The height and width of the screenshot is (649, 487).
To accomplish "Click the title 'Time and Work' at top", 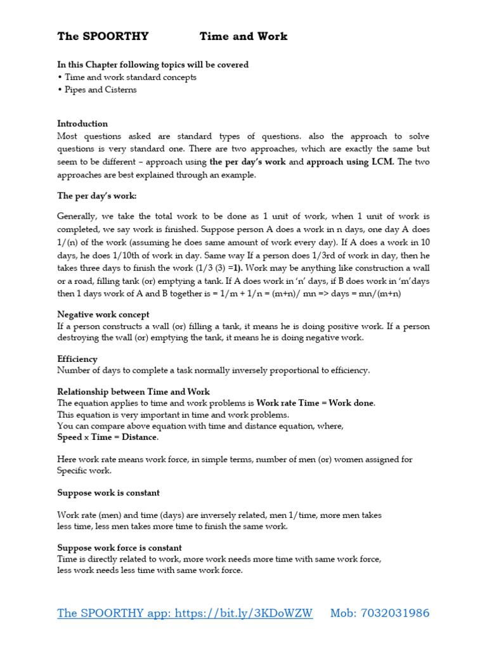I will click(x=243, y=37).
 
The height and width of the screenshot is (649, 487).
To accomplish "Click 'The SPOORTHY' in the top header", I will click(x=103, y=37).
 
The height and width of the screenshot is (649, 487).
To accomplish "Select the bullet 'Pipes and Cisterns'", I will click(x=100, y=89).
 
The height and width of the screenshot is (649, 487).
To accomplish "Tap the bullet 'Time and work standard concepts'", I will click(x=130, y=77).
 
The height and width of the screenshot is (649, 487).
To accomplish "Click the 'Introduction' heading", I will click(x=82, y=124).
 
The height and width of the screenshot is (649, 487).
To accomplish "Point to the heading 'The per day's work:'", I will click(x=96, y=196).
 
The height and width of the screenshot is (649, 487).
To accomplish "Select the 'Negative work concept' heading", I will click(x=103, y=314).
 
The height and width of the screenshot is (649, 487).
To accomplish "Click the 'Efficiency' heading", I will click(x=77, y=359).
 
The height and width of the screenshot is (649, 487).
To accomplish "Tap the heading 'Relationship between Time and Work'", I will click(x=133, y=392).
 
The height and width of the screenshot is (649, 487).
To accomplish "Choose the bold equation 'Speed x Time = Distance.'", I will click(x=108, y=437).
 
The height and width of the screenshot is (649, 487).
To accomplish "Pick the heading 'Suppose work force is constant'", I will click(x=119, y=548).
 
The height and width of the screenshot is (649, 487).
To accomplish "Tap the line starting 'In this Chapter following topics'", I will click(x=153, y=65).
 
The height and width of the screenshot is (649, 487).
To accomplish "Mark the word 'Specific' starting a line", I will click(x=75, y=470).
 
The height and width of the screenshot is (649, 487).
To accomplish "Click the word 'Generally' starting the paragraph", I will click(x=77, y=217).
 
